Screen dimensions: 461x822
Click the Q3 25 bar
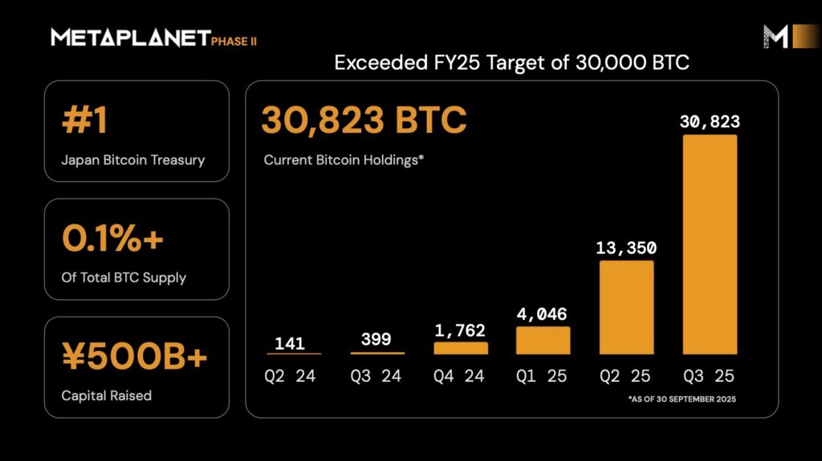pyautogui.click(x=710, y=245)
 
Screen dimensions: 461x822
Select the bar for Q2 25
pyautogui.click(x=627, y=307)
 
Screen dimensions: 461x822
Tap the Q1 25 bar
pyautogui.click(x=543, y=340)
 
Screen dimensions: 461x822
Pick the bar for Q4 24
pyautogui.click(x=461, y=348)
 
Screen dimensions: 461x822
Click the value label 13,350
pyautogui.click(x=627, y=247)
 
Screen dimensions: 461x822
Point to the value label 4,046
pyautogui.click(x=543, y=313)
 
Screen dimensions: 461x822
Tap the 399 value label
pyautogui.click(x=377, y=339)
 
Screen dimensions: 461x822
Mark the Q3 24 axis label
pyautogui.click(x=377, y=375)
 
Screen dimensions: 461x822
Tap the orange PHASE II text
pyautogui.click(x=234, y=41)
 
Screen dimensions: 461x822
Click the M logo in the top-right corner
pyautogui.click(x=775, y=36)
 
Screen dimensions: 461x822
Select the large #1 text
pyautogui.click(x=84, y=123)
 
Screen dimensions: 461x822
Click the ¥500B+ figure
pyautogui.click(x=134, y=358)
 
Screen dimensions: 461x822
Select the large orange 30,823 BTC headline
pyautogui.click(x=364, y=121)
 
